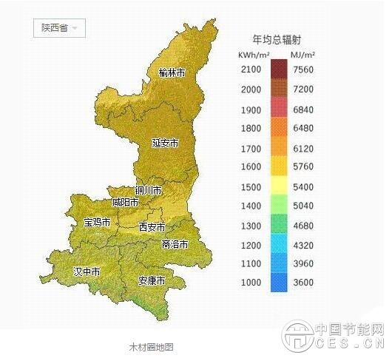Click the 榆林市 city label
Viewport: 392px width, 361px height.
(x=173, y=72)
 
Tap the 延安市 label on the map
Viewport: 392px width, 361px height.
(x=166, y=143)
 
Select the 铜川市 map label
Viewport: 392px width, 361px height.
(x=148, y=190)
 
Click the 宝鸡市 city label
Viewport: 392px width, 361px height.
(x=97, y=222)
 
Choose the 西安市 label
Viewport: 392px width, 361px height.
(x=152, y=227)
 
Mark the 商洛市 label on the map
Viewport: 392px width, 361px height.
(x=175, y=244)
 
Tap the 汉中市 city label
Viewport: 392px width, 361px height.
(x=87, y=272)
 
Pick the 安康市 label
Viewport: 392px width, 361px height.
(x=152, y=281)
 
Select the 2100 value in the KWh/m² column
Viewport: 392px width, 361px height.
(x=251, y=70)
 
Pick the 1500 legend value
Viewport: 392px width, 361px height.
(x=251, y=187)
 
